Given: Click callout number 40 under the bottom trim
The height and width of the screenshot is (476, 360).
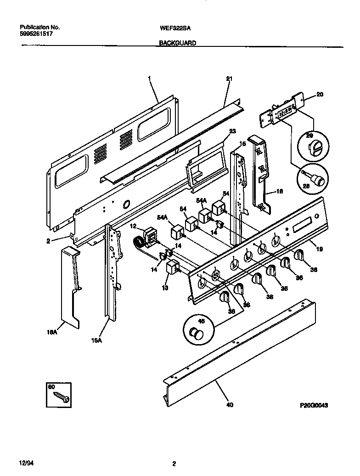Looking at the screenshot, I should (x=230, y=405).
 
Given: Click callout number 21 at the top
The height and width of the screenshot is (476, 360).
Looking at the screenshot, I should (x=229, y=79).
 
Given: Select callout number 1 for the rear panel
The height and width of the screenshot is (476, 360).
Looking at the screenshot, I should (x=150, y=79).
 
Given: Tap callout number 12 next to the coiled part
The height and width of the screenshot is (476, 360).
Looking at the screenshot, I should (x=133, y=226).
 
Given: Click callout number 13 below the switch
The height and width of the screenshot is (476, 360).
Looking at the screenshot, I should (x=165, y=288).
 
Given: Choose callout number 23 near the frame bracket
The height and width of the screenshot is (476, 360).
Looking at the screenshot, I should (x=232, y=131).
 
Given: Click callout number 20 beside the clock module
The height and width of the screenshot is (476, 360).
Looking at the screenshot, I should (x=320, y=95).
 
